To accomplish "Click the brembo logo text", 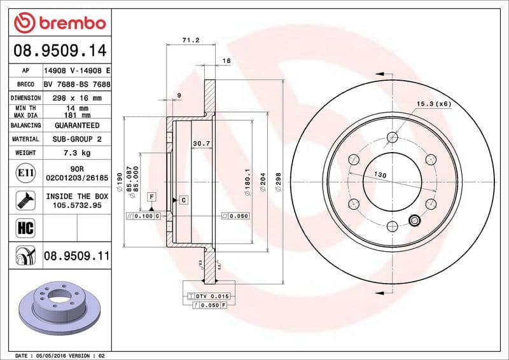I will pyautogui.click(x=69, y=23).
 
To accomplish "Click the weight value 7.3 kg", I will pyautogui.click(x=77, y=153).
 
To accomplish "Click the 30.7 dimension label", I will pyautogui.click(x=201, y=143).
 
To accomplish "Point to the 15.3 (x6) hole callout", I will pyautogui.click(x=433, y=104).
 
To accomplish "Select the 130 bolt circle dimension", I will pyautogui.click(x=380, y=174).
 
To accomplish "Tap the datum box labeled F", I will pyautogui.click(x=152, y=197).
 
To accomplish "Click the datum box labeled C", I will pyautogui.click(x=183, y=200).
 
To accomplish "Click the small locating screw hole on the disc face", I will pyautogui.click(x=414, y=221).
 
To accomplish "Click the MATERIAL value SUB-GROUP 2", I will pyautogui.click(x=77, y=139).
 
